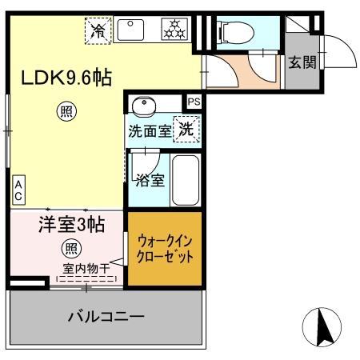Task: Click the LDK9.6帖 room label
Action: pos(66,78)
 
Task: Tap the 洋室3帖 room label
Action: pos(72,225)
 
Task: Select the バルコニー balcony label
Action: pos(105,317)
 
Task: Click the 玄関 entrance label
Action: pos(302,62)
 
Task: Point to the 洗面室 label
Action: pos(150,131)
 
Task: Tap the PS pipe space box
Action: pos(194,101)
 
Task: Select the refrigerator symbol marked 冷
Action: pos(98,31)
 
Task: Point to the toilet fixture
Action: pos(235,32)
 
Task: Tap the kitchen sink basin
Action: pos(131,30)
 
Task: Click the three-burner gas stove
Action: pos(173,30)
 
